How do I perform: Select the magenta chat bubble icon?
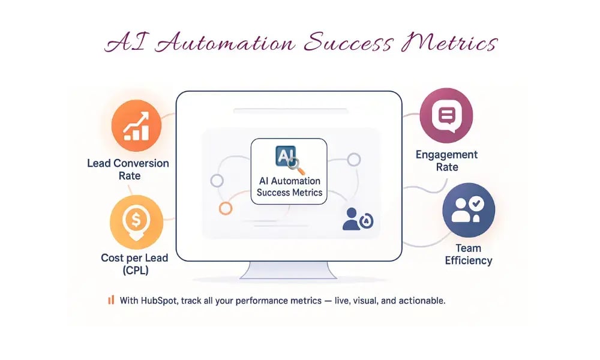click(x=446, y=114)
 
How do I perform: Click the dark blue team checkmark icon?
click(x=468, y=210)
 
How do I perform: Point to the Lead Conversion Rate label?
click(x=128, y=169)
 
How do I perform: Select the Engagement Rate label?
click(x=447, y=161)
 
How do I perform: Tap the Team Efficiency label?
click(x=468, y=254)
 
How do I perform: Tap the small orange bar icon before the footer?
click(x=110, y=300)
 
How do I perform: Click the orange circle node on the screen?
click(x=226, y=208)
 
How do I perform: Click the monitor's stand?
click(x=289, y=271)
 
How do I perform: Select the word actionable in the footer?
click(x=423, y=300)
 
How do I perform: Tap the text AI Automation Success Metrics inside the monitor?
click(x=289, y=187)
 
